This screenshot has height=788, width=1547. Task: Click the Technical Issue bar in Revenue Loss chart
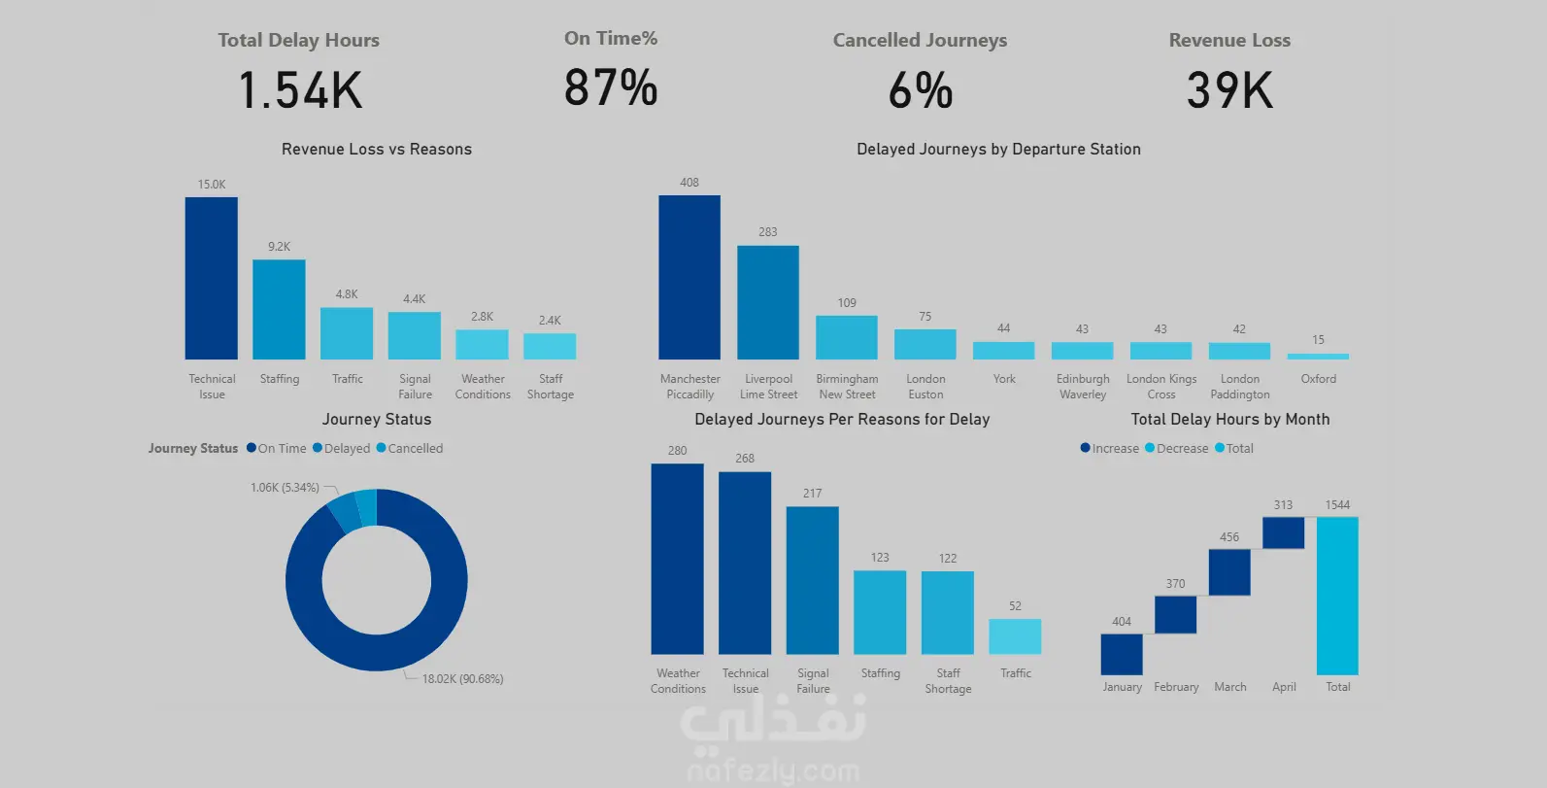211,278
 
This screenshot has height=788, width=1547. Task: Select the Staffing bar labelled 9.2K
279,309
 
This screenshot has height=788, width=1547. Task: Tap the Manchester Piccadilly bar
689,277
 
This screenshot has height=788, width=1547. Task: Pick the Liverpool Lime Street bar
768,302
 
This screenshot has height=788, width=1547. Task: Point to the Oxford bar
1318,356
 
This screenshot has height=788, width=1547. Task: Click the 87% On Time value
611,87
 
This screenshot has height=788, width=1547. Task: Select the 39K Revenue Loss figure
1229,90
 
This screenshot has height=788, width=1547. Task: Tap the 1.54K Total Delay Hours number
300,90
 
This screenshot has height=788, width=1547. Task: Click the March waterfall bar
1229,572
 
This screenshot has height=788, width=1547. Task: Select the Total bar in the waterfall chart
1337,595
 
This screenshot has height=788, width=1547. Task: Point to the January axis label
1122,687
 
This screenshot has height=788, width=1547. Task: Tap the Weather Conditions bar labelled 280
677,559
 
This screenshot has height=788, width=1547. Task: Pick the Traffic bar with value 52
1015,636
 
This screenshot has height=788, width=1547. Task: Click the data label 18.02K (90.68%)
462,679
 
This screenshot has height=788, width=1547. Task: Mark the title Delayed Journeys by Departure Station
998,149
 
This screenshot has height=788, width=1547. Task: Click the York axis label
1004,379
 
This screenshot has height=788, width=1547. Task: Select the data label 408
689,183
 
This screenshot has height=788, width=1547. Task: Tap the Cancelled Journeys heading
920,40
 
